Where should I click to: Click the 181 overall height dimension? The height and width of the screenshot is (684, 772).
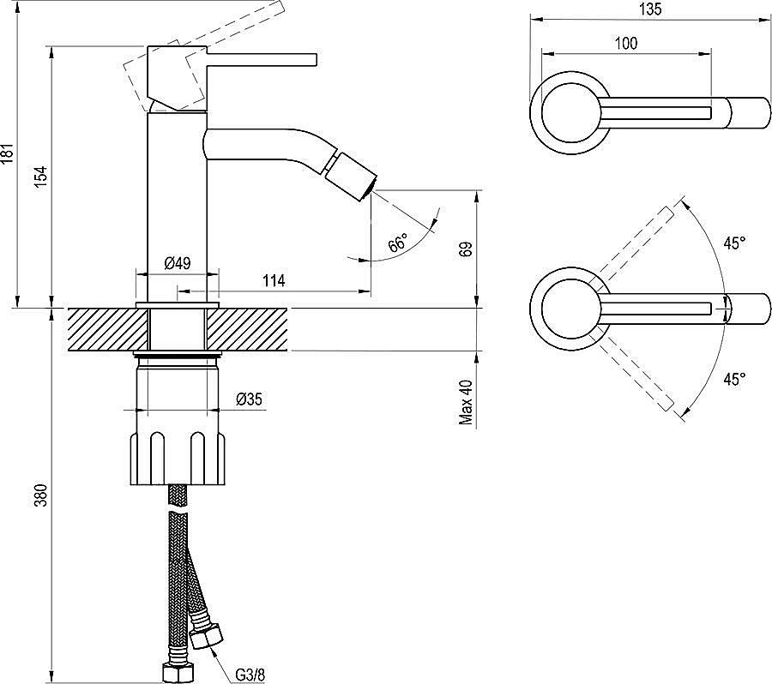(x=9, y=154)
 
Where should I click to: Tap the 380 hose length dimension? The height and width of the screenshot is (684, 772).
(x=42, y=495)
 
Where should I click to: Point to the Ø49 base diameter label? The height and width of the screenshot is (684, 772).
(x=177, y=263)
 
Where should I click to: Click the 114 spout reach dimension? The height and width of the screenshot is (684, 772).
(x=274, y=281)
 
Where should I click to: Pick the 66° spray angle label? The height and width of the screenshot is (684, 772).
(x=398, y=243)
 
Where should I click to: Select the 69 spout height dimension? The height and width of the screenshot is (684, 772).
(x=467, y=249)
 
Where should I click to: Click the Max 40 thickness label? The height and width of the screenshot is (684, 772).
(x=466, y=402)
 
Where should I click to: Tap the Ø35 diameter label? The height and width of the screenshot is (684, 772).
(x=249, y=399)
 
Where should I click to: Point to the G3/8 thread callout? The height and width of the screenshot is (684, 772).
(x=250, y=675)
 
